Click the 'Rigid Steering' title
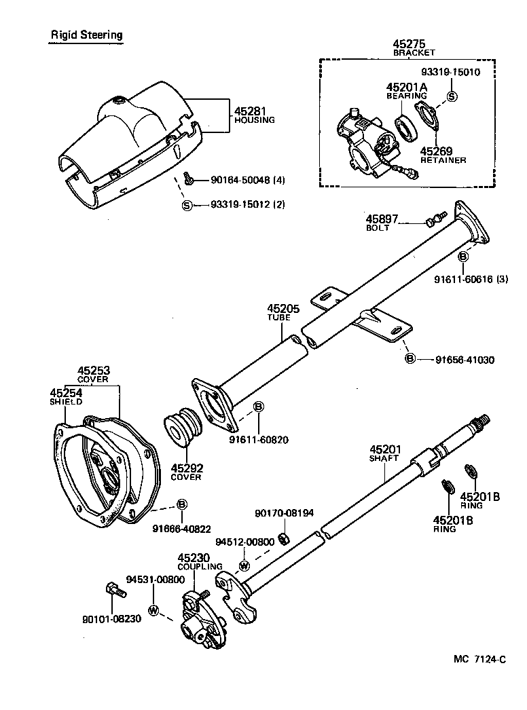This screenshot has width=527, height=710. pyautogui.click(x=86, y=34)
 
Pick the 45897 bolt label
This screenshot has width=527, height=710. pyautogui.click(x=381, y=219)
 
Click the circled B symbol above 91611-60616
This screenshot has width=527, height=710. pyautogui.click(x=462, y=257)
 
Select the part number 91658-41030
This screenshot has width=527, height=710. pyautogui.click(x=465, y=359)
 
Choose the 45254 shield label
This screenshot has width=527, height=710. pyautogui.click(x=65, y=393)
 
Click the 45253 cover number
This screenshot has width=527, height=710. pyautogui.click(x=93, y=371)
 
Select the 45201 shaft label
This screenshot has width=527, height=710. pyautogui.click(x=385, y=449)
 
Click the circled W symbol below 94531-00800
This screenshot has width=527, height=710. pyautogui.click(x=153, y=610)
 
